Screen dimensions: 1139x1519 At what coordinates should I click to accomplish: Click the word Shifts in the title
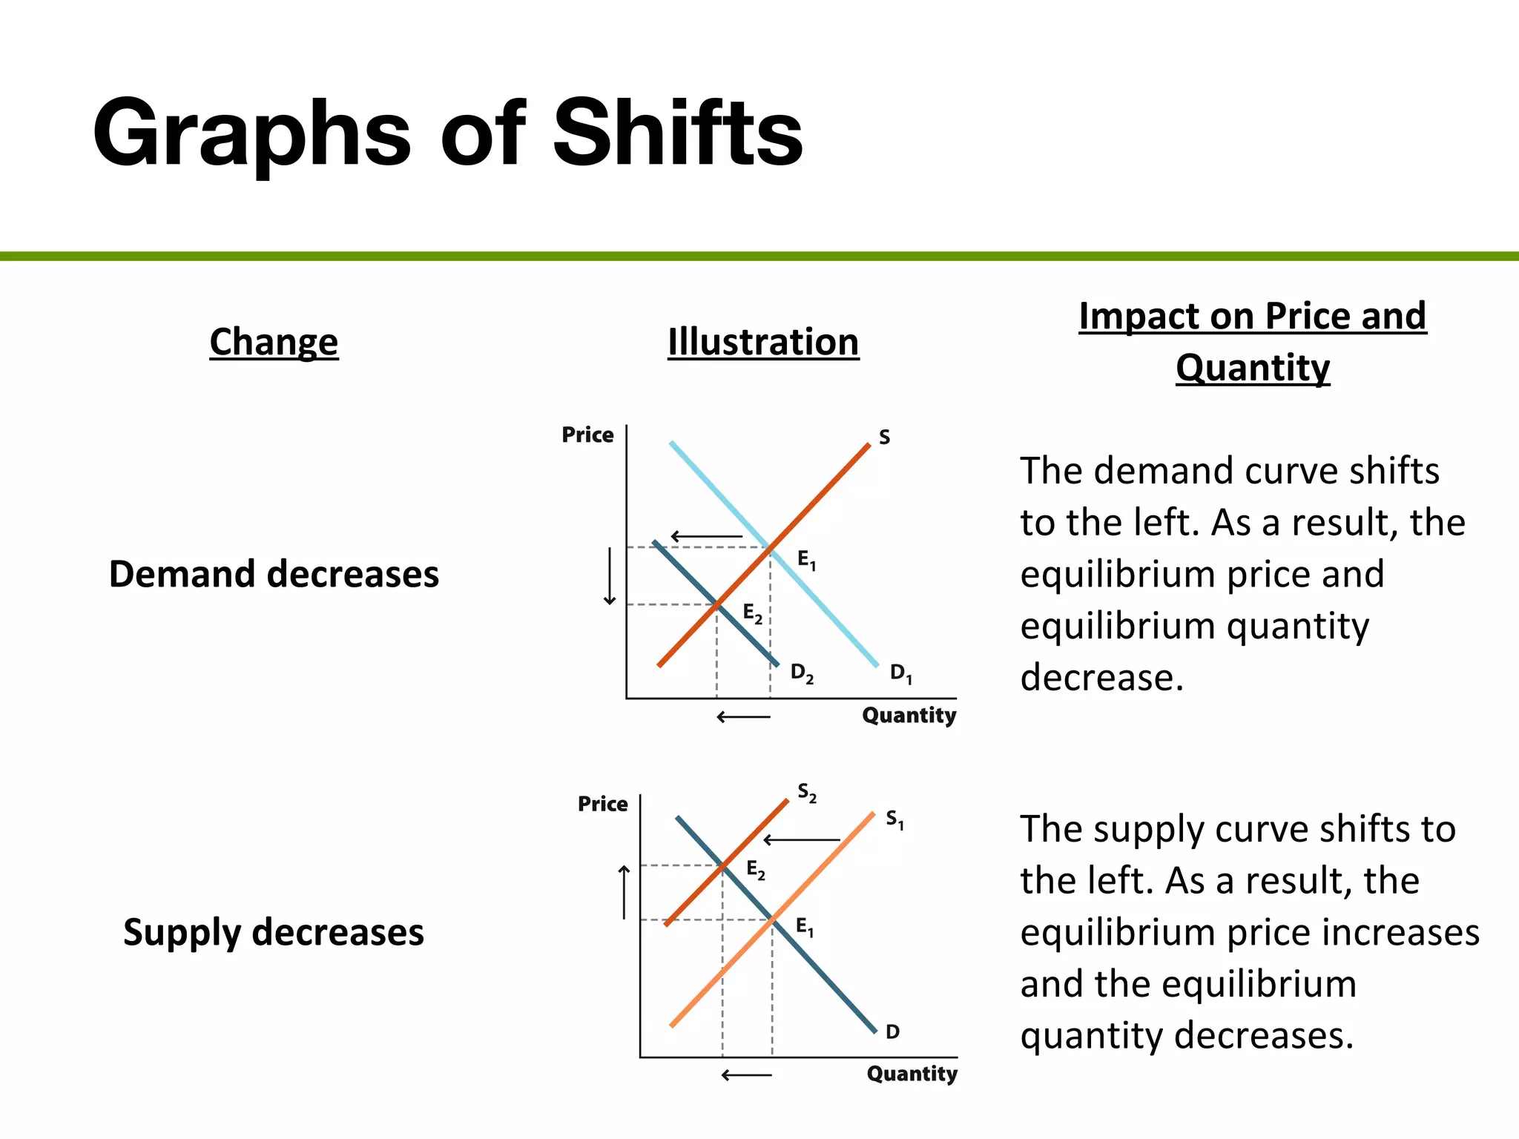pos(677,133)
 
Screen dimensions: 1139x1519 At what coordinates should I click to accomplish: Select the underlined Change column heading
pos(274,342)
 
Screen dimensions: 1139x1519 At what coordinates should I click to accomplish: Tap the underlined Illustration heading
pos(763,342)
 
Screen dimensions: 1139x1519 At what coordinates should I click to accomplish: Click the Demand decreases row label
pos(274,574)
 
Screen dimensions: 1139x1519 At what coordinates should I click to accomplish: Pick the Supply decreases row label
pos(274,932)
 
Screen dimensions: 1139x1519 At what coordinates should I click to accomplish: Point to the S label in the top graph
pos(884,438)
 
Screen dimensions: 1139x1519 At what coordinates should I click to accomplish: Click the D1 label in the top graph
pos(901,673)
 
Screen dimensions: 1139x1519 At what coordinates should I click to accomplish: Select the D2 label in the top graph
pos(802,673)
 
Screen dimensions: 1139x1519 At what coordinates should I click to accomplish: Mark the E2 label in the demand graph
pos(753,613)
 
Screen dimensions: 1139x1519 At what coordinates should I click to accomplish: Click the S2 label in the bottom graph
pos(807,793)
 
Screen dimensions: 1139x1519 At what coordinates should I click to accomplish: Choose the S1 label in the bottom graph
pos(895,819)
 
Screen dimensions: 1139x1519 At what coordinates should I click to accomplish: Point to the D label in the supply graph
pos(893,1031)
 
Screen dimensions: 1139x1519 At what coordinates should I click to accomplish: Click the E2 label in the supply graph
pos(756,869)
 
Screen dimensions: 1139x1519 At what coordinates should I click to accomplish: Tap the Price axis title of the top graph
pos(587,435)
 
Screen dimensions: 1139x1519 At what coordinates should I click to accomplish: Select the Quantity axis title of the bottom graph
pos(912,1073)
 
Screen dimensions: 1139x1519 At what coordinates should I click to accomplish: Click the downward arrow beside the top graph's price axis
pos(610,576)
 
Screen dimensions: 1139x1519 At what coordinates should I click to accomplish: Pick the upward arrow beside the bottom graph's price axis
pos(625,892)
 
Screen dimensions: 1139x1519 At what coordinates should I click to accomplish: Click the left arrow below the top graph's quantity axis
pos(743,717)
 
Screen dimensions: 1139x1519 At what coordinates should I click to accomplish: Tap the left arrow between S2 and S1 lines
pos(802,839)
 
